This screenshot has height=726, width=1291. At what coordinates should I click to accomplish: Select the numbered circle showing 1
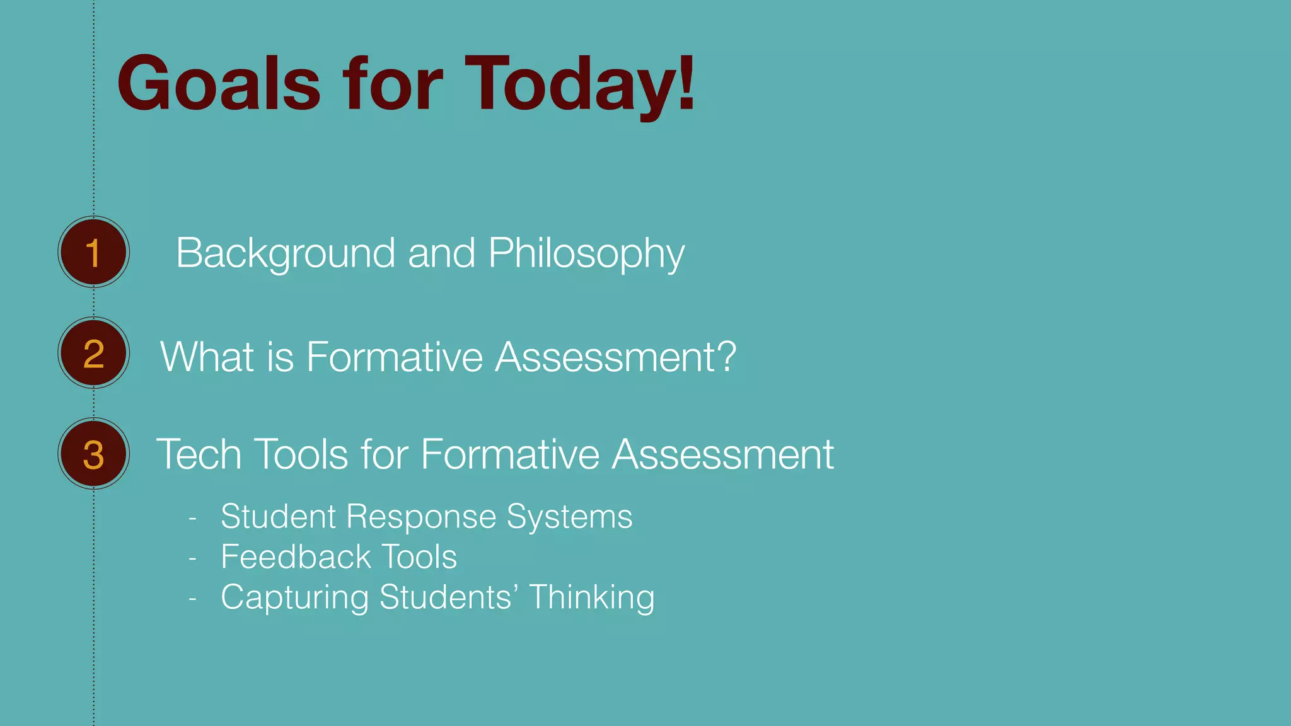(x=93, y=252)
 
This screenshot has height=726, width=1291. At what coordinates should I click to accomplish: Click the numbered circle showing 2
(x=93, y=353)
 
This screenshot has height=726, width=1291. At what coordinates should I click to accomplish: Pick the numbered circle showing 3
(x=93, y=454)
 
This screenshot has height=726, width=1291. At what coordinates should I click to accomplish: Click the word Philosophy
(x=586, y=253)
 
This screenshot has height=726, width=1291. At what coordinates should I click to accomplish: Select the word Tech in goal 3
(x=199, y=454)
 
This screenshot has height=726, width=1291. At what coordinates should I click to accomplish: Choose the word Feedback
(x=296, y=557)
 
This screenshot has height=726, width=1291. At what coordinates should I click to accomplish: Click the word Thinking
(x=592, y=597)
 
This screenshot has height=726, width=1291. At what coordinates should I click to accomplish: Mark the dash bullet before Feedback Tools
(x=193, y=558)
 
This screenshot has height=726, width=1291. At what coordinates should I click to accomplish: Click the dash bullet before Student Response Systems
(x=193, y=518)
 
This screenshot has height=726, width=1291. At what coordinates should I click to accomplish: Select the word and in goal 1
(x=441, y=253)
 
